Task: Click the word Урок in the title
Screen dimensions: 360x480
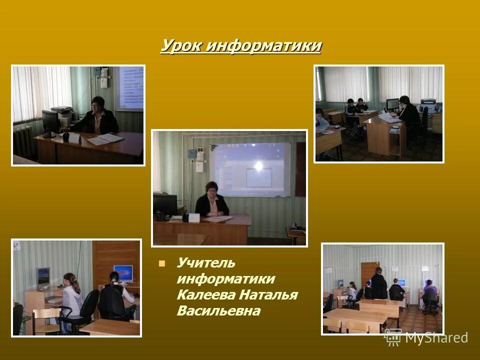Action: pyautogui.click(x=181, y=46)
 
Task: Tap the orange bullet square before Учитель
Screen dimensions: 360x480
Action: pyautogui.click(x=161, y=263)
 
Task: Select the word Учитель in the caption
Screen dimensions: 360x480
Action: pyautogui.click(x=205, y=263)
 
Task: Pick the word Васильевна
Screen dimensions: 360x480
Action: pyautogui.click(x=218, y=311)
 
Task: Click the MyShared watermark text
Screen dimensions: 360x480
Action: pyautogui.click(x=436, y=337)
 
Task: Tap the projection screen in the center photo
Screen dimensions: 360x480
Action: pyautogui.click(x=250, y=169)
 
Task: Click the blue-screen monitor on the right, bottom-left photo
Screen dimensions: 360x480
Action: pyautogui.click(x=122, y=273)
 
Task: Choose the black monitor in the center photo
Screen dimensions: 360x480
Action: pyautogui.click(x=165, y=204)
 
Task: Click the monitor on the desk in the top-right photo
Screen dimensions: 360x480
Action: pyautogui.click(x=392, y=104)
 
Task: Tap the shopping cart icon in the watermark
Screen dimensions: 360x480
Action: pyautogui.click(x=392, y=337)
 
